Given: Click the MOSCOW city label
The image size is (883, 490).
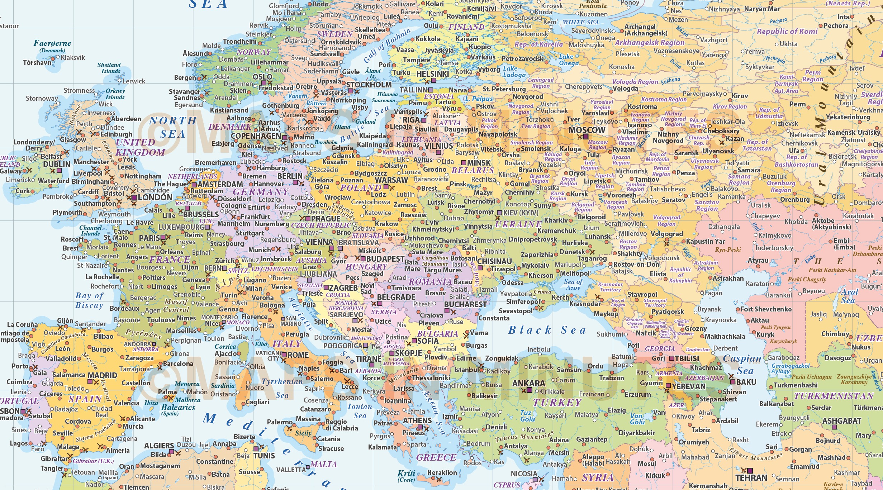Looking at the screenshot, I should point(587,130).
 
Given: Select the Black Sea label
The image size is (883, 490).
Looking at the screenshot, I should point(547,330).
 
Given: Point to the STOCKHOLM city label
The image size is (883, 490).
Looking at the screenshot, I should point(369,85).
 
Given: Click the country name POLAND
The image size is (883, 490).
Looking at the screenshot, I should point(360,187).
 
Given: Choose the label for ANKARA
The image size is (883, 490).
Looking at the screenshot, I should point(528,384).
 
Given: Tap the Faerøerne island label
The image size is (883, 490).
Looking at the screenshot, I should point(52,43).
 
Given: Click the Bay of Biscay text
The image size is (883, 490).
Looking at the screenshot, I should point(89,300).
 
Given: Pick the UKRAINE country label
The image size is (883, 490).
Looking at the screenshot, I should point(518,224).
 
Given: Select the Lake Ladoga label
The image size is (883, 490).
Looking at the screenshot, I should point(514,72).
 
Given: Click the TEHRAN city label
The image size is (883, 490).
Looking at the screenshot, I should point(751,478).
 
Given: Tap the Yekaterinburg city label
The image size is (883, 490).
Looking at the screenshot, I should point(848,117).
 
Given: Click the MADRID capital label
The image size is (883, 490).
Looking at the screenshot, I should point(102,375).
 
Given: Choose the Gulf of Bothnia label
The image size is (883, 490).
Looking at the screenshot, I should point(386,46).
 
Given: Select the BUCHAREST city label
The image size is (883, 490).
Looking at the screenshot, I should point(465,304).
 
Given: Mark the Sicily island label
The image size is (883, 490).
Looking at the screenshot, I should point(303,433).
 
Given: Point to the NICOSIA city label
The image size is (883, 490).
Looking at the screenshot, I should point(524,474).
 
